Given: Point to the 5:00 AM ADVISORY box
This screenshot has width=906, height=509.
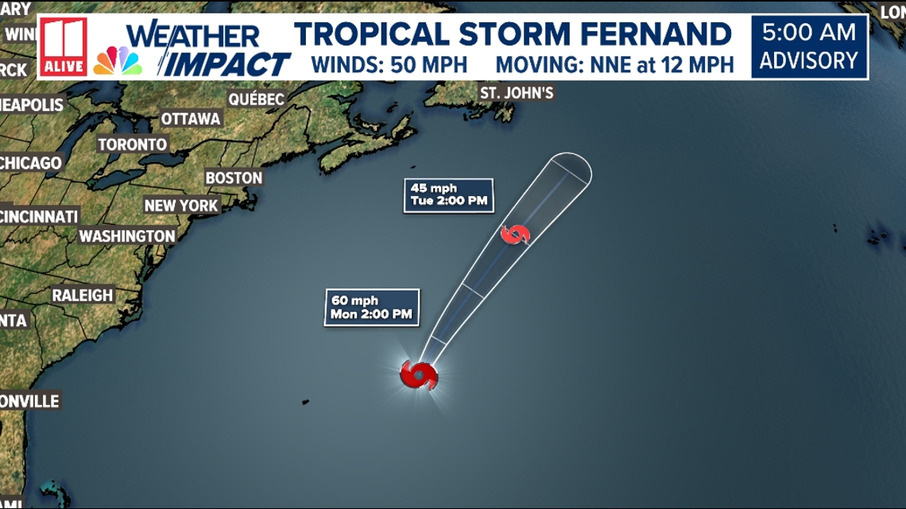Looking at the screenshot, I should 810,47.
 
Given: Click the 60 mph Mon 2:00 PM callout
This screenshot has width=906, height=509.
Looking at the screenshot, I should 372,307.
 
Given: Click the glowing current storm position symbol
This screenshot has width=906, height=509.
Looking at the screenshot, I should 419,374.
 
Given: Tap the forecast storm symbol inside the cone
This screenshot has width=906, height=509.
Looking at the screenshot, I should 516,234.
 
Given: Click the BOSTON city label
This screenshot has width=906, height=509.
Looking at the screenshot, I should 234,178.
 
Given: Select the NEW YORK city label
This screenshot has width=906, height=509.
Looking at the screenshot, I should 181,206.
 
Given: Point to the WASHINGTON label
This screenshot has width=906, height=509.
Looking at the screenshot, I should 127,236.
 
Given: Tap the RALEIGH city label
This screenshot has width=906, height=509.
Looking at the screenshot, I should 83,295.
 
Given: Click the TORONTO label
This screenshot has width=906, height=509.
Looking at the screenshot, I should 133,145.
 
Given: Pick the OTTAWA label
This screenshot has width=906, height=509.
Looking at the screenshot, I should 191,118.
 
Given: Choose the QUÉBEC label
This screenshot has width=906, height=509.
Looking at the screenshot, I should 256,99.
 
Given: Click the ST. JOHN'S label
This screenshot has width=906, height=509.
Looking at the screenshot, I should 517,93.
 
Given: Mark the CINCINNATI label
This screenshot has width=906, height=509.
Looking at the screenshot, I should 40,216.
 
